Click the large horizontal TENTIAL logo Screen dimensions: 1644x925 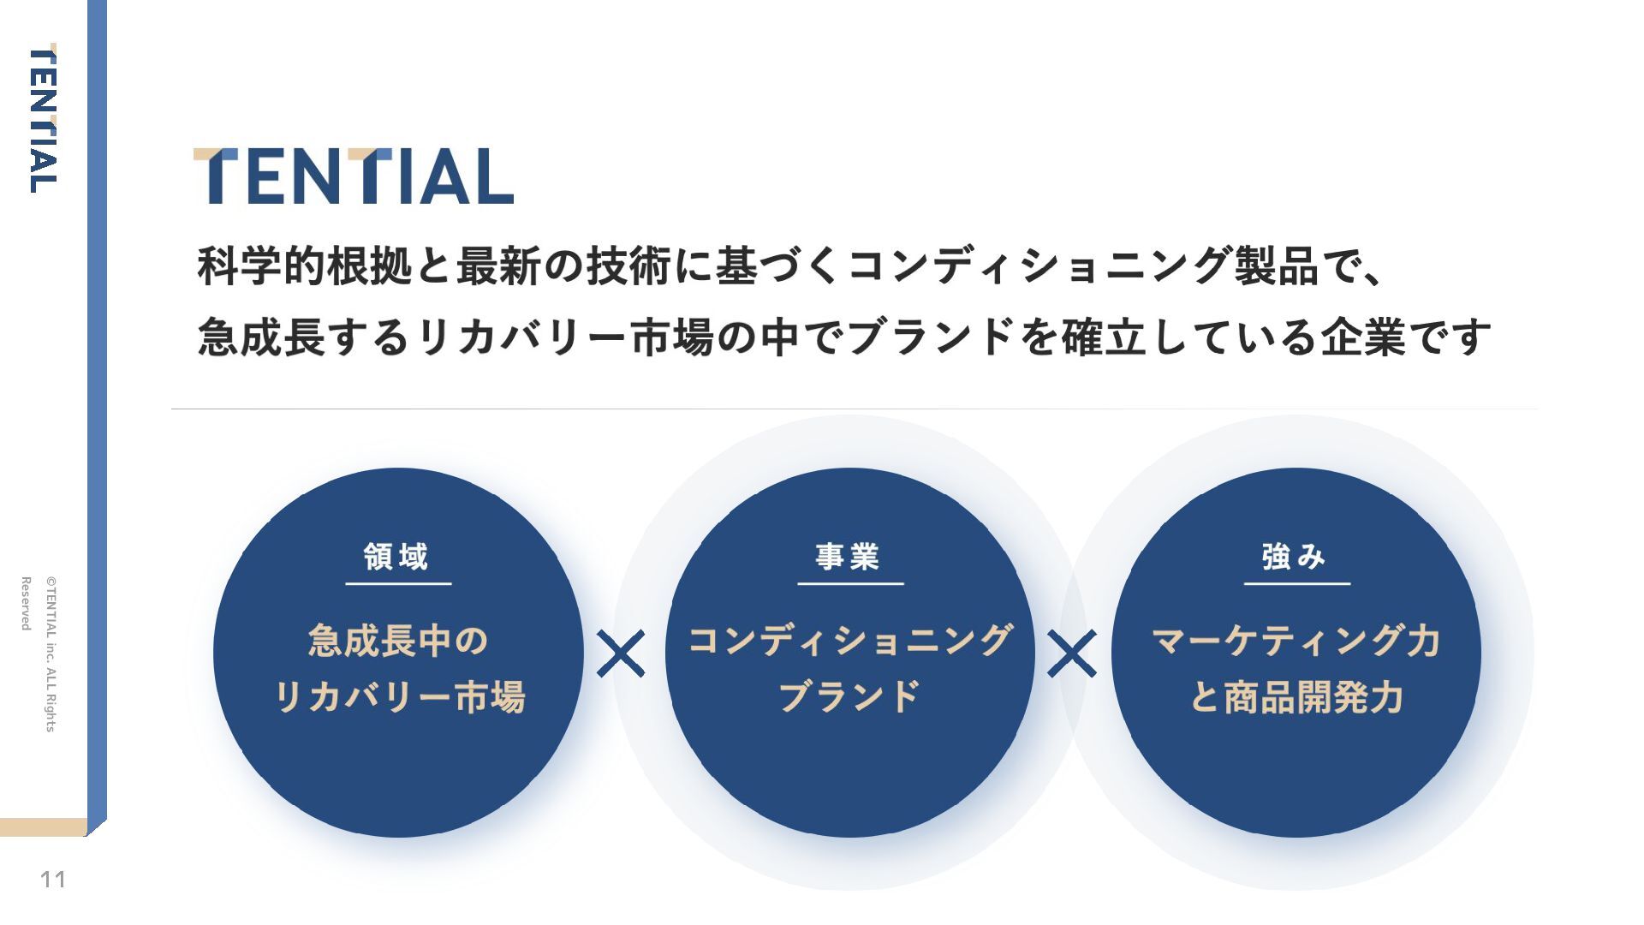click(353, 176)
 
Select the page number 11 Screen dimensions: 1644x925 click(53, 880)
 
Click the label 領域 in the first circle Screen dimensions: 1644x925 click(396, 557)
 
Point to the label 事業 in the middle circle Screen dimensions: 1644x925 click(848, 557)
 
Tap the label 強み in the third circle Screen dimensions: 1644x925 click(1295, 557)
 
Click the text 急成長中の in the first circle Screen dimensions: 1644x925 click(398, 641)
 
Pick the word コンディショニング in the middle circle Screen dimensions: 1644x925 click(850, 641)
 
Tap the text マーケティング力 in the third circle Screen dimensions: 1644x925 click(1296, 641)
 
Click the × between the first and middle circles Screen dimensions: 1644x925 click(621, 653)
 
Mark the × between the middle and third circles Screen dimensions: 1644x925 click(1071, 653)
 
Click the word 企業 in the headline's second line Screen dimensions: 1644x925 click(1362, 337)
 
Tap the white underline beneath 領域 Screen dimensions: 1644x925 click(398, 584)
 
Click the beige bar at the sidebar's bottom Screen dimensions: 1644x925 click(43, 827)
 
